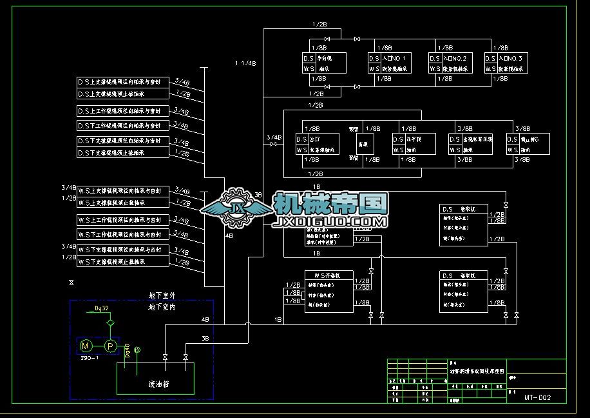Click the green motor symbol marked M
[x=85, y=346]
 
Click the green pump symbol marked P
[x=110, y=346]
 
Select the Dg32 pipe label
[x=101, y=308]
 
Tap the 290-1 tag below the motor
[x=89, y=357]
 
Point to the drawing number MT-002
[x=537, y=398]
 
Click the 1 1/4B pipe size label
[x=245, y=63]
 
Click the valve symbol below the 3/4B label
[x=274, y=144]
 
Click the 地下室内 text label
[x=162, y=307]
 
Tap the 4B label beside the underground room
[x=205, y=320]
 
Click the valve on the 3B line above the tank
[x=186, y=357]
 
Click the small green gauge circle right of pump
[x=137, y=349]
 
